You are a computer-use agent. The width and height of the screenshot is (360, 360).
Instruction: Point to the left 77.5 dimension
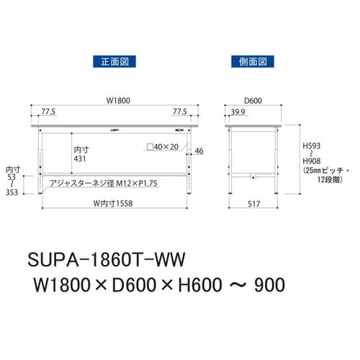click(50, 112)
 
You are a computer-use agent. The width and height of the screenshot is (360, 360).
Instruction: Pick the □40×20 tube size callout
click(163, 147)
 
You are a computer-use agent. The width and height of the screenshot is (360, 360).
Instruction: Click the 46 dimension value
click(199, 150)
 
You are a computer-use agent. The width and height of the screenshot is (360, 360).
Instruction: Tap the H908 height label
click(311, 163)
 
